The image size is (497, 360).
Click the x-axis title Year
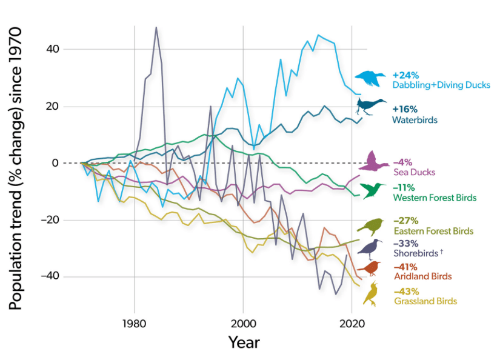tap(244, 342)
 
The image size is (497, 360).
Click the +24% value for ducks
tap(405, 75)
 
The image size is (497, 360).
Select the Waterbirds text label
tap(415, 120)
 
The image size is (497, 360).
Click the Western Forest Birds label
tap(434, 198)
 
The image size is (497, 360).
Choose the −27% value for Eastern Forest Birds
tap(405, 221)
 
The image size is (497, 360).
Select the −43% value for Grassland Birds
tap(405, 291)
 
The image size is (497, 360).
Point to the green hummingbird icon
tap(373, 190)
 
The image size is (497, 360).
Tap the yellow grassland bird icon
tap(370, 293)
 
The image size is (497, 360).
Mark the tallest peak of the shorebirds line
tap(156, 27)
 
